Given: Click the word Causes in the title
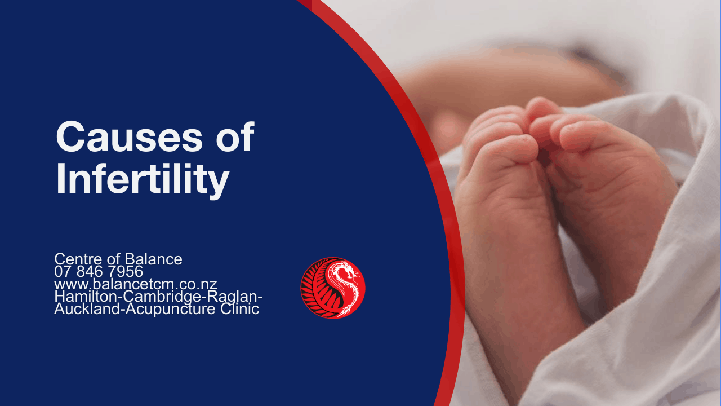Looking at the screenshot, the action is [x=130, y=136].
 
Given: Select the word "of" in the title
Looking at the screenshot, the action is [x=235, y=136].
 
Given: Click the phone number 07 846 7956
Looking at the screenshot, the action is [x=99, y=271].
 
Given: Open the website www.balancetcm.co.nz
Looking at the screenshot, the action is [x=136, y=284].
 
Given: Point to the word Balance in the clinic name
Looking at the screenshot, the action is [x=154, y=259].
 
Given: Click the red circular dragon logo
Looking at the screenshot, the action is [x=333, y=288].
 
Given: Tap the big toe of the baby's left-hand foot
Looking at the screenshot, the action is [x=512, y=148].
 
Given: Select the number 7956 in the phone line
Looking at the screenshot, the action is [x=125, y=271].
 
